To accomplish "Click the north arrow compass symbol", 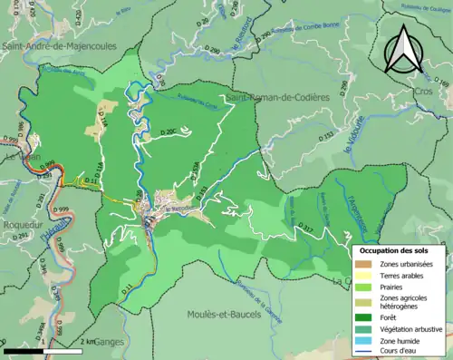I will click(x=403, y=50).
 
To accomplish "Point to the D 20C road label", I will click(x=169, y=132).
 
